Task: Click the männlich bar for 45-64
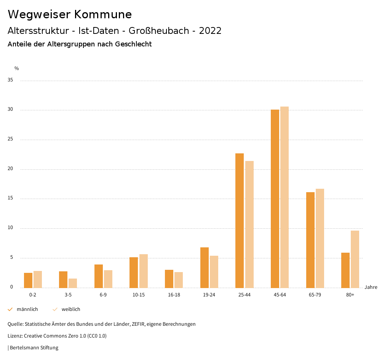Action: [x=275, y=199]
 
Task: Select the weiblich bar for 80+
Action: [x=355, y=259]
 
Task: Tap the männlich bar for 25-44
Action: [x=240, y=221]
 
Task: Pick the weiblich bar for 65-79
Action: [x=320, y=238]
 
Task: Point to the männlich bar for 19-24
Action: [x=205, y=268]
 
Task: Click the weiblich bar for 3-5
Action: [x=73, y=283]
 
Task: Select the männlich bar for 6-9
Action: [x=99, y=276]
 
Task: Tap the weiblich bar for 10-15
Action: [x=143, y=271]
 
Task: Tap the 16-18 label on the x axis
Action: [x=174, y=295]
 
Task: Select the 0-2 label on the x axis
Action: [x=33, y=295]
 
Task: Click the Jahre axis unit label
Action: [x=371, y=287]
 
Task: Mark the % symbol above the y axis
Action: [x=16, y=68]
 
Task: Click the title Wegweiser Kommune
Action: [x=70, y=14]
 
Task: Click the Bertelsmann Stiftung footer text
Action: [x=34, y=347]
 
